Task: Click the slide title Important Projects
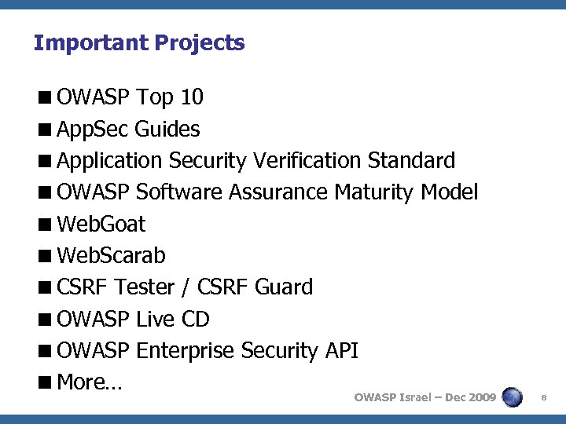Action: pos(139,42)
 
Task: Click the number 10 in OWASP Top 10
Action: pos(192,97)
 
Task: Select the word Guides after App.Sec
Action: pos(167,129)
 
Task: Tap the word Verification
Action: pos(307,161)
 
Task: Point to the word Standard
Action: pos(411,161)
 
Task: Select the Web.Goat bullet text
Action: pos(101,225)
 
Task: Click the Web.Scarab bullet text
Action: pos(111,256)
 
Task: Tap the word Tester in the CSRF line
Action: pos(145,287)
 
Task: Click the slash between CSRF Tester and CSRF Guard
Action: pos(186,287)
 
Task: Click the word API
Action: pos(341,351)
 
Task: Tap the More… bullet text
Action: pos(88,382)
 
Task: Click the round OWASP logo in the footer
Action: pos(512,397)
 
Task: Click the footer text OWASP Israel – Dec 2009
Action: pos(424,398)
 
